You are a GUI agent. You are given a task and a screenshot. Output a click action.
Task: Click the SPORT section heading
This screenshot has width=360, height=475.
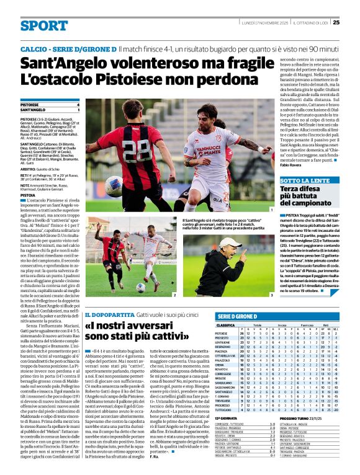[x=43, y=25]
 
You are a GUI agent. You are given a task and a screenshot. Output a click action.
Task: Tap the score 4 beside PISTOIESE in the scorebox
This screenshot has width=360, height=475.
[x=78, y=105]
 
